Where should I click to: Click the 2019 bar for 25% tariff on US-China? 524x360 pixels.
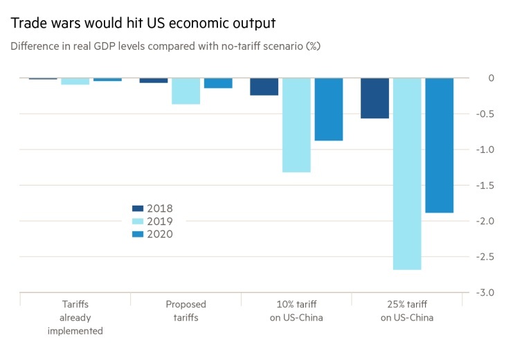(407, 173)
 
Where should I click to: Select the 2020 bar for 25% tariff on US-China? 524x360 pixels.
(439, 145)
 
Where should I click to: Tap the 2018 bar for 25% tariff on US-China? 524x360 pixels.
(374, 98)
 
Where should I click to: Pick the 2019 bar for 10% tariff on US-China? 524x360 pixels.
(296, 125)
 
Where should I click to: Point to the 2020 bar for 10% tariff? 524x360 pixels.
(328, 109)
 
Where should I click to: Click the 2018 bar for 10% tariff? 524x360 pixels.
(264, 87)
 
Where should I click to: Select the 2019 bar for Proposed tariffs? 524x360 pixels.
(186, 91)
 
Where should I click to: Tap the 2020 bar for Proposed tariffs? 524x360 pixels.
(218, 83)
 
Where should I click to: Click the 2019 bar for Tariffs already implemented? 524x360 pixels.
(75, 81)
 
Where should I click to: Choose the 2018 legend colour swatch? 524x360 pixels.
(138, 208)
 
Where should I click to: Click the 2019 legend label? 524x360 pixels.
(159, 222)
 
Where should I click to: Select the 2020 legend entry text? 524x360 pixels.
(159, 234)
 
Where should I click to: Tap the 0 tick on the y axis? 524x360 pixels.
(491, 78)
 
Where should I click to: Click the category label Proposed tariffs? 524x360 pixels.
(186, 311)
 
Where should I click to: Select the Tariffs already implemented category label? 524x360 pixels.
(75, 317)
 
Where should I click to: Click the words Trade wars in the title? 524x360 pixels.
(43, 23)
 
